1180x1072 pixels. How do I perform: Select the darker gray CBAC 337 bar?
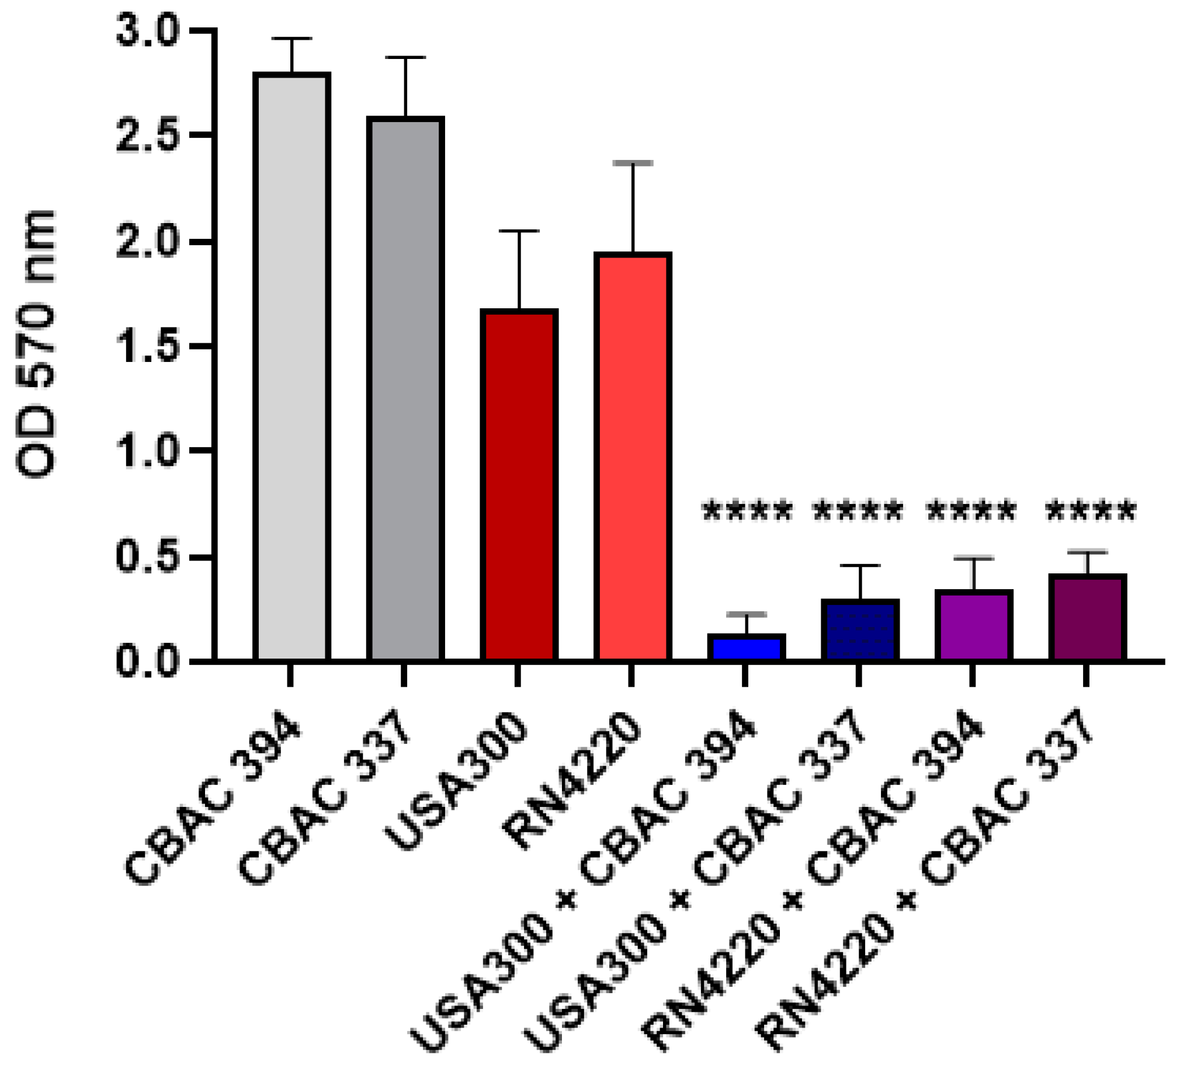[405, 389]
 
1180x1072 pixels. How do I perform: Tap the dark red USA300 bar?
[519, 485]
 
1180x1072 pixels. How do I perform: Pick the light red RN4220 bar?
[633, 457]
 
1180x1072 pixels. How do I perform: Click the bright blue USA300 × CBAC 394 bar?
[747, 648]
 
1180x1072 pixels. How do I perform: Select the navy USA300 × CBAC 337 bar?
[860, 631]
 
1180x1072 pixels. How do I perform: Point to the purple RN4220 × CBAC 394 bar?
[973, 626]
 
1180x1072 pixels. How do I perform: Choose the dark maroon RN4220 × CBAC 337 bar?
[1087, 618]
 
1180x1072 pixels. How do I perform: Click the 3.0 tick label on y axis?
[146, 32]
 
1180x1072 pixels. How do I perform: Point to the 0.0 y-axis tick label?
[146, 662]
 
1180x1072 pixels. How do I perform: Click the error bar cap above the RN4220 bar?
[633, 163]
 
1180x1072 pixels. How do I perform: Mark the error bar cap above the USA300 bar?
[519, 232]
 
